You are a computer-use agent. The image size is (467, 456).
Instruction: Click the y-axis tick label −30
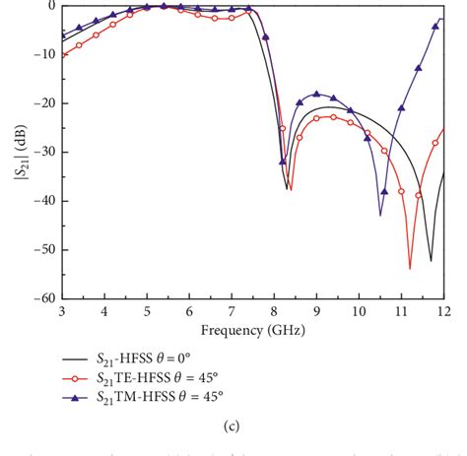pos(41,152)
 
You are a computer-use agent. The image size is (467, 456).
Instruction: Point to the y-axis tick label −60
pos(41,297)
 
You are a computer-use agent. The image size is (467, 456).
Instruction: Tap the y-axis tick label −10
pos(41,54)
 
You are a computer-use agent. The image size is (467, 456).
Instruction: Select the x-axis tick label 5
pos(147,311)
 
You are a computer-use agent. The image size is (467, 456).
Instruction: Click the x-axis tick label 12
pos(443,311)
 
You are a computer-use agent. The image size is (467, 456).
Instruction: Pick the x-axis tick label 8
pos(274,311)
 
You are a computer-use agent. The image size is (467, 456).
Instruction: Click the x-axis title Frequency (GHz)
pos(252,329)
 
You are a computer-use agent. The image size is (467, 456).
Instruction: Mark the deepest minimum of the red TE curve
pos(410,267)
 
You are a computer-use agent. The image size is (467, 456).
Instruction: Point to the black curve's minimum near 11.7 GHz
pos(431,260)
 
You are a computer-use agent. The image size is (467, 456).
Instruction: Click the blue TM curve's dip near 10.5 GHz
pos(380,214)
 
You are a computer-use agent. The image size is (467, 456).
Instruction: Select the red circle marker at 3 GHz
pos(62,54)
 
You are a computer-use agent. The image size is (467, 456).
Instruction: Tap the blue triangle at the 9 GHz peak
pos(316,94)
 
